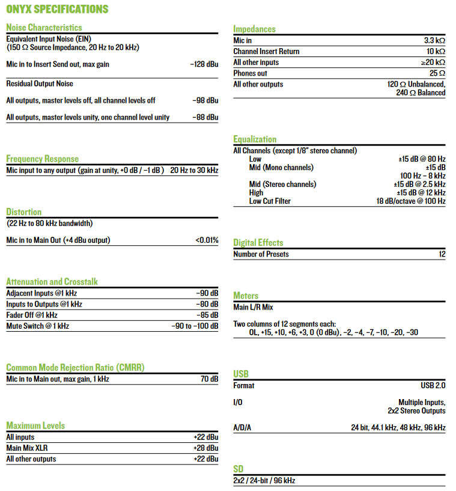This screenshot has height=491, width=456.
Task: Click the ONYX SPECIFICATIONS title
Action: pyautogui.click(x=57, y=9)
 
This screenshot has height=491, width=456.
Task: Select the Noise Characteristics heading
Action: pyautogui.click(x=44, y=28)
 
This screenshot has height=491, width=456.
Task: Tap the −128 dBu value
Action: pyautogui.click(x=204, y=64)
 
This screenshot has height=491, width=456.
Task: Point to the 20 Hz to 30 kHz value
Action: pyautogui.click(x=194, y=170)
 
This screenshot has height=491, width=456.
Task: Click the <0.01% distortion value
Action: pyautogui.click(x=207, y=240)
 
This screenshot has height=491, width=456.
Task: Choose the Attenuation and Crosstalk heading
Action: pyautogui.click(x=52, y=282)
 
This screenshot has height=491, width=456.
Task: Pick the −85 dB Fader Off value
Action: pyautogui.click(x=207, y=315)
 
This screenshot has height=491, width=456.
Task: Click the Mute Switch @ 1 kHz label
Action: pyautogui.click(x=37, y=326)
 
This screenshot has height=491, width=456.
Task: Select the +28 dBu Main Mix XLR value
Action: pyautogui.click(x=205, y=448)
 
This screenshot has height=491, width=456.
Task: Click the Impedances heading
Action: pyautogui.click(x=254, y=29)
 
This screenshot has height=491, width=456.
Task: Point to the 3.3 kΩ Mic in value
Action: pyautogui.click(x=434, y=40)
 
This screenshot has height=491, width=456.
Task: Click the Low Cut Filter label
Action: pyautogui.click(x=270, y=201)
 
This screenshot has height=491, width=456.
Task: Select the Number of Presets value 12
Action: pyautogui.click(x=442, y=254)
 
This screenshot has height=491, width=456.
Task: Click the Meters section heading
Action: pyautogui.click(x=246, y=296)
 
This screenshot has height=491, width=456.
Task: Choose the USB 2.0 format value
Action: pyautogui.click(x=433, y=385)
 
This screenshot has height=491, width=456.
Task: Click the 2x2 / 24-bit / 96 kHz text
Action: pyautogui.click(x=264, y=481)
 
